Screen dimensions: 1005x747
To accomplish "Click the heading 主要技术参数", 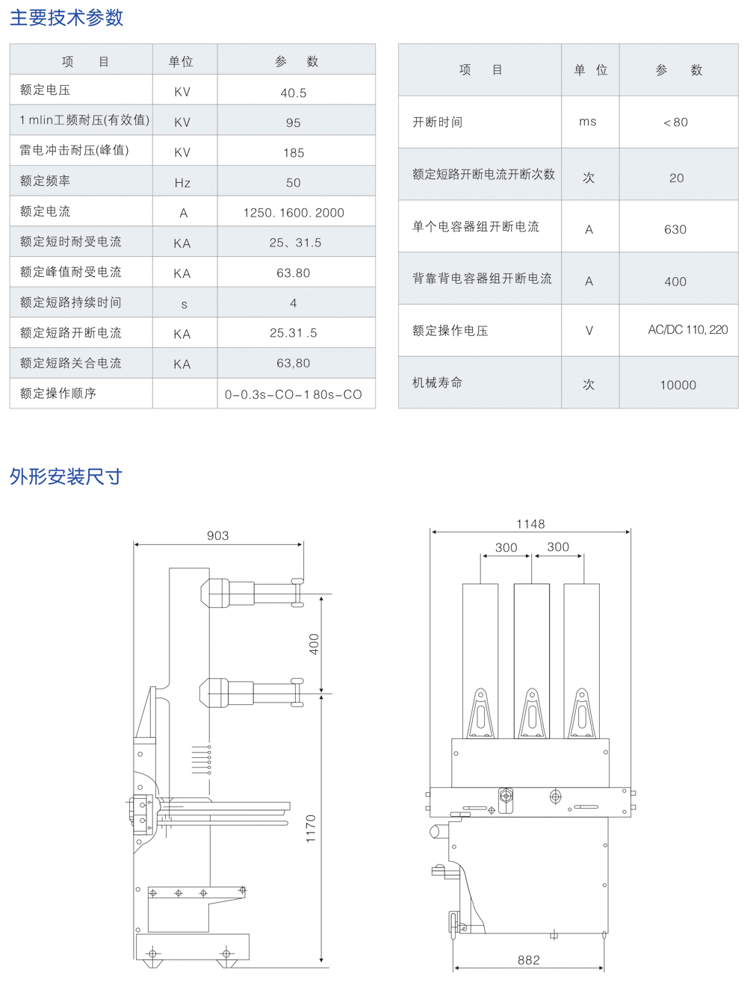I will pos(66,18).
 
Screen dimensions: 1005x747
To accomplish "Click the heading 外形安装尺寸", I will pos(66,476).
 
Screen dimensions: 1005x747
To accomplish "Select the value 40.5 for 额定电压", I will pos(294,93).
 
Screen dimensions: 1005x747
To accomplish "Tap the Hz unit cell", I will pos(182,183).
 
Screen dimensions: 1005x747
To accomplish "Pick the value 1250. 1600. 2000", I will pos(294,213).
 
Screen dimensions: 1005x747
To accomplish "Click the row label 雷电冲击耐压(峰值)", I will pos(74,150).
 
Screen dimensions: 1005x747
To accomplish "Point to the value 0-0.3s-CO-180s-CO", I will pos(294,394).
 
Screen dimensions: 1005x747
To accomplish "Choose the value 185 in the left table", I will pos(294,153).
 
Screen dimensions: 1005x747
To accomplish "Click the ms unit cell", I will pos(588,122).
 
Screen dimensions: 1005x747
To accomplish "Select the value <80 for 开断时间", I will pos(675,122).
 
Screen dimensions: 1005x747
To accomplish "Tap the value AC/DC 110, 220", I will pos(687,330).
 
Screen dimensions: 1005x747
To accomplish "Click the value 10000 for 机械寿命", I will pos(678,385).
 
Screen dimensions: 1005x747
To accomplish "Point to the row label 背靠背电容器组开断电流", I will pos(482,279).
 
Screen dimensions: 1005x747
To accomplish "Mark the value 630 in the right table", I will pos(675,230).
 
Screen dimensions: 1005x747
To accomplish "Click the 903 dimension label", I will pos(218,535).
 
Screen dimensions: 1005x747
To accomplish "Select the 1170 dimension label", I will pos(311,829).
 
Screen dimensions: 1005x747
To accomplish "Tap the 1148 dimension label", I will pos(530,524).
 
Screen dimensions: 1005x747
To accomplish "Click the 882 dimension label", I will pos(529,960).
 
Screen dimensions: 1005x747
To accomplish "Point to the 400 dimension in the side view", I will pos(314,644).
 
